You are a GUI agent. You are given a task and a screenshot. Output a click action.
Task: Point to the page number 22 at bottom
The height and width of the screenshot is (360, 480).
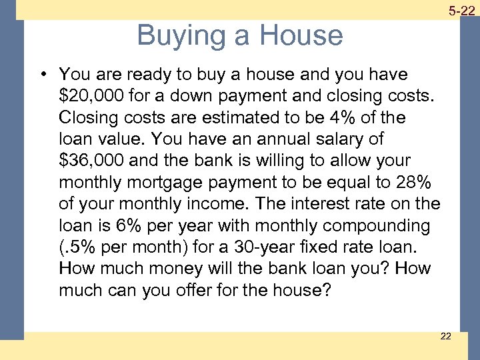pyautogui.click(x=445, y=336)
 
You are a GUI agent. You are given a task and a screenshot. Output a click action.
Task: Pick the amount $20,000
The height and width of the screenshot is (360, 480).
pyautogui.click(x=88, y=95)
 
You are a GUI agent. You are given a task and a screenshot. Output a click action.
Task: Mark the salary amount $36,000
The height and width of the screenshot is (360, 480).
pyautogui.click(x=88, y=161)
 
